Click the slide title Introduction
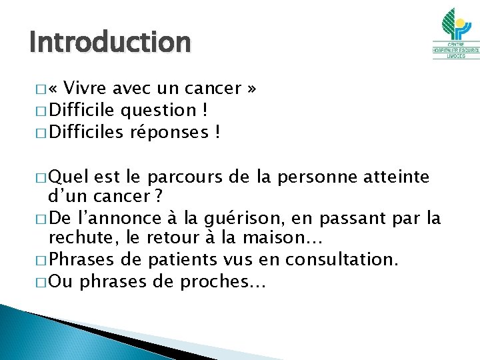(110, 43)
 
